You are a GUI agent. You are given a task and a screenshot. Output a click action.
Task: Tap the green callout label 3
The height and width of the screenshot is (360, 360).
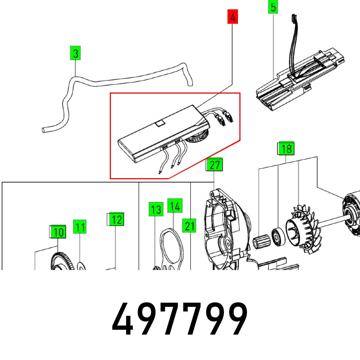[75, 54]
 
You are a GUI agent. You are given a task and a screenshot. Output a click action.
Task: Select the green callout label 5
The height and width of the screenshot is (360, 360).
[273, 8]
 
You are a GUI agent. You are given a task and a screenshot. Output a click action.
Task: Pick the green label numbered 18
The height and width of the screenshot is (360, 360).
[286, 148]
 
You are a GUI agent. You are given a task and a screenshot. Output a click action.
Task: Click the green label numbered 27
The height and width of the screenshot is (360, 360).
[215, 165]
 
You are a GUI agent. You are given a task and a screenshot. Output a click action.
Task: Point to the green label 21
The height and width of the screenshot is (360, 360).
[189, 226]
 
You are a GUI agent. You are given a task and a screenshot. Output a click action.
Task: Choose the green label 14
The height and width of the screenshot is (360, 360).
[175, 206]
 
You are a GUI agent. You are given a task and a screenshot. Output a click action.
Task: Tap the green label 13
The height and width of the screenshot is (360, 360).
[156, 209]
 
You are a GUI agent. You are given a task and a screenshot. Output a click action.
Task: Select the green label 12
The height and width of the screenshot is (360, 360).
[116, 219]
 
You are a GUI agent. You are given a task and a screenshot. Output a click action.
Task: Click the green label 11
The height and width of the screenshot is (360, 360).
[80, 227]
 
